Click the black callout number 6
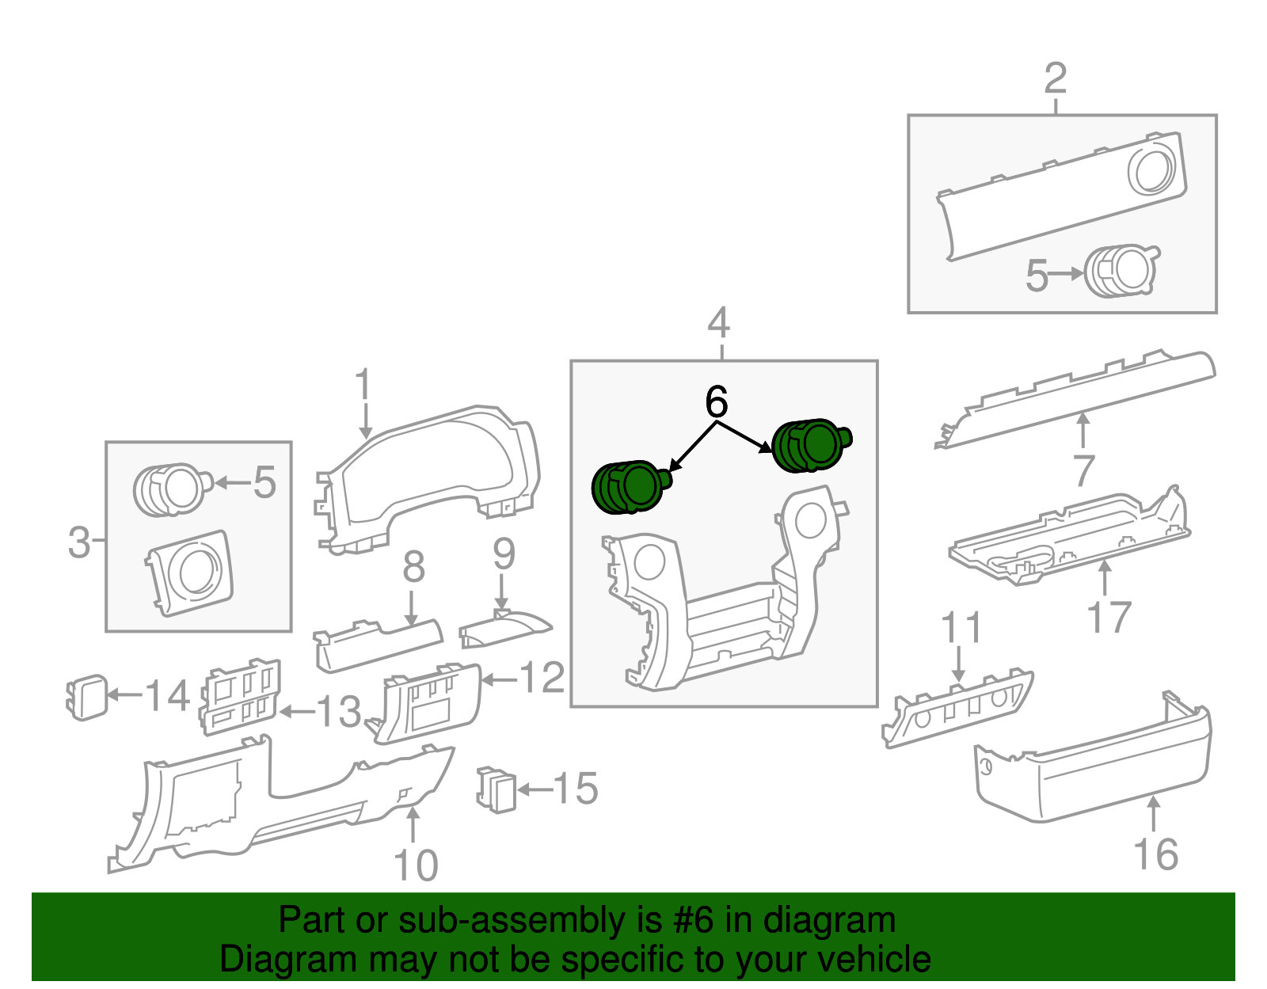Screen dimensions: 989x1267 pyautogui.click(x=716, y=402)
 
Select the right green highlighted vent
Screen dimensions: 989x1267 pyautogui.click(x=809, y=446)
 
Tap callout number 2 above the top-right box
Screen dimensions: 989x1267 pyautogui.click(x=1056, y=78)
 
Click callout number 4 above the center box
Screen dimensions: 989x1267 pyautogui.click(x=718, y=323)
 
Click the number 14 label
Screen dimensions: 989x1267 pyautogui.click(x=167, y=696)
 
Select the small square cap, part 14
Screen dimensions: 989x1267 pyautogui.click(x=86, y=697)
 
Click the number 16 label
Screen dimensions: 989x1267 pyautogui.click(x=1155, y=854)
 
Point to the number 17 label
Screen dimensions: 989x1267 pyautogui.click(x=1109, y=618)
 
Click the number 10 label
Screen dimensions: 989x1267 pyautogui.click(x=415, y=865)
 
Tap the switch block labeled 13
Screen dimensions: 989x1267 pyautogui.click(x=240, y=695)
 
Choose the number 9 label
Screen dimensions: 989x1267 pyautogui.click(x=504, y=554)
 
